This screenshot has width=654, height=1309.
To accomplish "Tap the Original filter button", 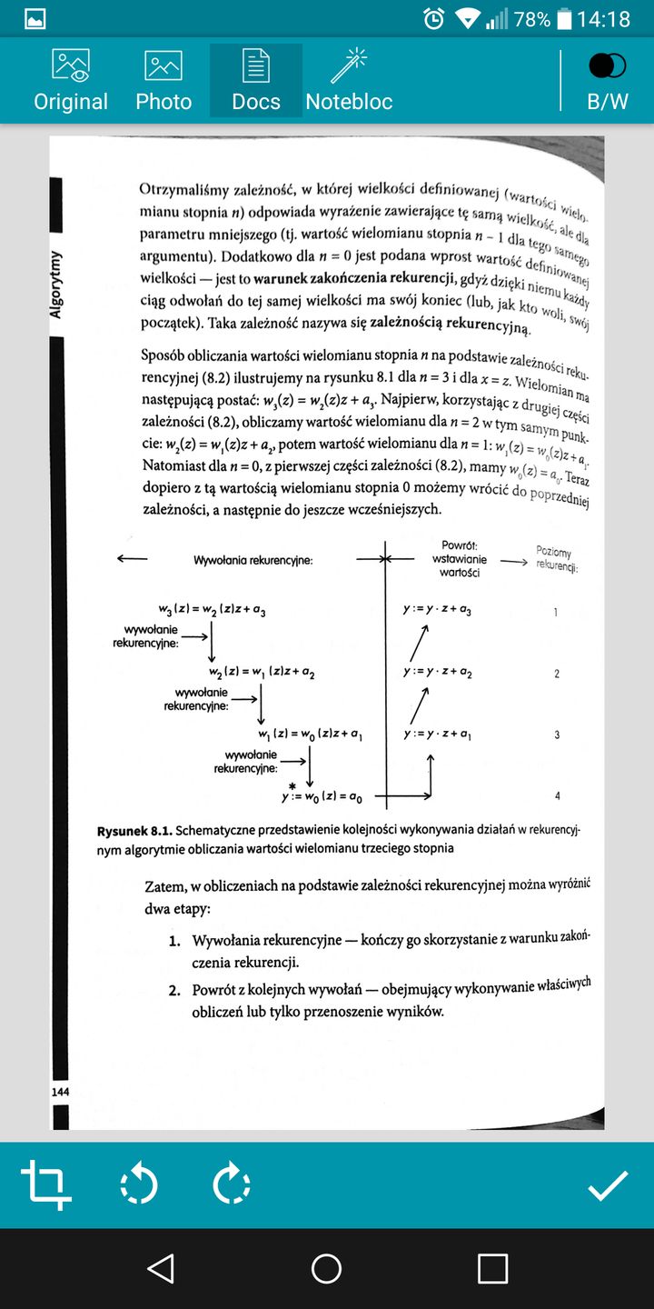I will point(71,80).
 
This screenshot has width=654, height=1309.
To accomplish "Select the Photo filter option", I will point(163,80).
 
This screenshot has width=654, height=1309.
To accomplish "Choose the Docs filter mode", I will point(256,80).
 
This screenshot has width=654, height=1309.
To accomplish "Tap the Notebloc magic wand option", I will point(349,80).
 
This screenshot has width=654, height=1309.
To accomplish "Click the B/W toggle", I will point(608,80).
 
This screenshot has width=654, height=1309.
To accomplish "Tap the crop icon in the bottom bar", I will point(46,1184).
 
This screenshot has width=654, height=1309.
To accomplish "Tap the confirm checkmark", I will point(608,1184).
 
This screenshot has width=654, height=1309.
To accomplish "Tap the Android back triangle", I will point(161,1268).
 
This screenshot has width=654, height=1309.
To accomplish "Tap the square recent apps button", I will point(492,1268).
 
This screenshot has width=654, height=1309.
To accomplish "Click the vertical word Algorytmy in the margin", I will point(56,284).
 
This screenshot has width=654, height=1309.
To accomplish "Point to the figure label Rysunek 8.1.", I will point(134,831).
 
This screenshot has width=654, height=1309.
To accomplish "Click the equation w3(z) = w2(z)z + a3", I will point(213,611).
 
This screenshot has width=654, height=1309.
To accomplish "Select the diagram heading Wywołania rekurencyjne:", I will point(253,560).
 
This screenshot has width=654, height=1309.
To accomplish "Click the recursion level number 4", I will point(557,796).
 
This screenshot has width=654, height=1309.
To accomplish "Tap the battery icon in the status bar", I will point(565,18).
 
